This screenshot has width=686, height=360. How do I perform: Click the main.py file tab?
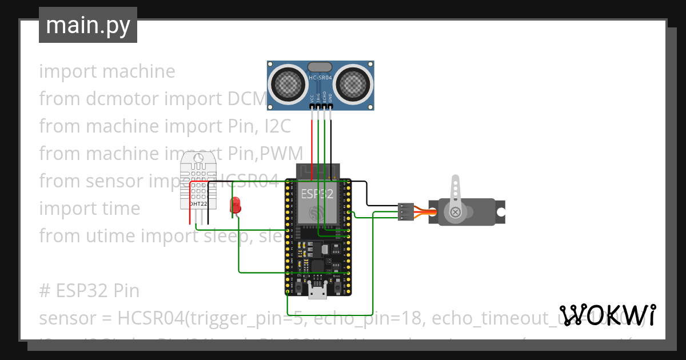[x=87, y=25]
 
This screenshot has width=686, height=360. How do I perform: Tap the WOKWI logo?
[x=607, y=315]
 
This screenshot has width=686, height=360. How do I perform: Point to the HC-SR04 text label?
[x=320, y=77]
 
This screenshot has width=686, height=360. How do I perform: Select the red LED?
[x=235, y=205]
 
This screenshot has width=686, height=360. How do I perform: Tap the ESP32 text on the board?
[x=317, y=194]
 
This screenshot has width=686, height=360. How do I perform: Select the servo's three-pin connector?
[x=405, y=211]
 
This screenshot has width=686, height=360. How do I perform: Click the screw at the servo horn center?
[x=456, y=212]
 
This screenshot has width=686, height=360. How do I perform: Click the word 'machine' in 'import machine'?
[x=139, y=71]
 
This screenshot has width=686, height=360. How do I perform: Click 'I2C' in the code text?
[x=277, y=126]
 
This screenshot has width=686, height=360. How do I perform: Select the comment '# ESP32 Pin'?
[x=89, y=291]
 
